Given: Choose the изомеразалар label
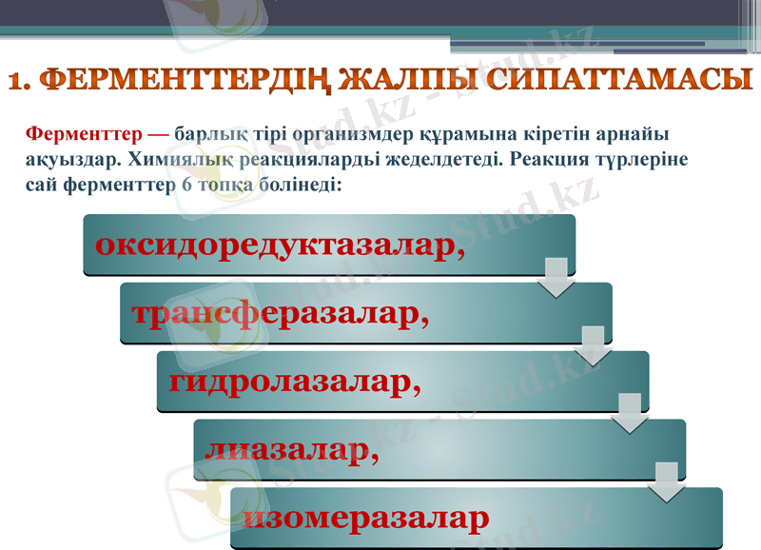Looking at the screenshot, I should pos(365,519).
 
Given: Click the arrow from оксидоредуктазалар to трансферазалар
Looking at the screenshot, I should pos(556,276).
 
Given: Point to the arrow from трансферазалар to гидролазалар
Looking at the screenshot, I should pos(594,344).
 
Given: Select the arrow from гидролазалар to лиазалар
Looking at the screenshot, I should pos(630,413).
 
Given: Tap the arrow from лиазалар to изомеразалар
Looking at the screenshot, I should pos(667,481).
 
